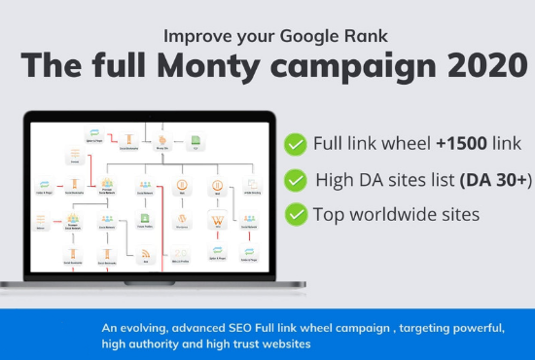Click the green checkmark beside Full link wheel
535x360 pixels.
tap(294, 144)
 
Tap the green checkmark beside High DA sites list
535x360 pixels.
tap(294, 179)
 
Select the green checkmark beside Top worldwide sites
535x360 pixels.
tap(294, 214)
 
